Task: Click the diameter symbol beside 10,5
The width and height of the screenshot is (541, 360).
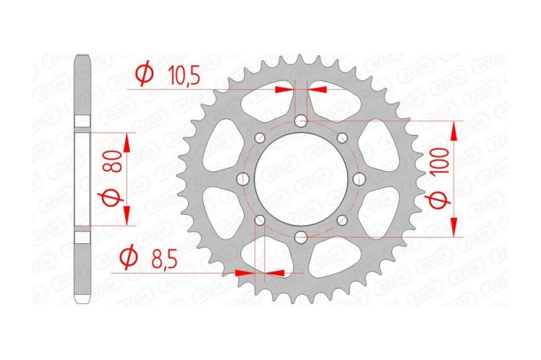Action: [143, 74]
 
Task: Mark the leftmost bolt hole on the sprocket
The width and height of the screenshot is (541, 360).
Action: [242, 179]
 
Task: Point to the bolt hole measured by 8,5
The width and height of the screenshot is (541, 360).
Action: [259, 220]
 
